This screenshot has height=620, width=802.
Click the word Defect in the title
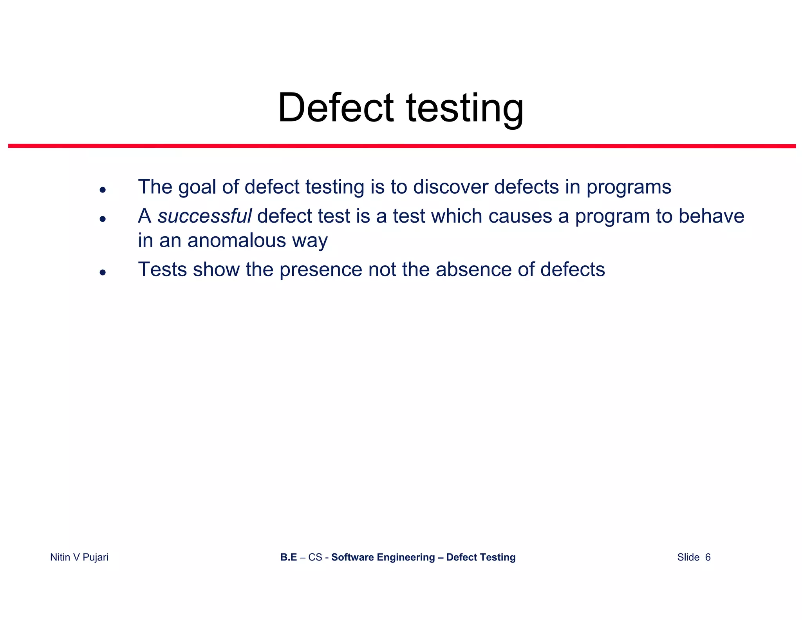pos(336,108)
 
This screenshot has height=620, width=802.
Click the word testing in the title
pos(465,109)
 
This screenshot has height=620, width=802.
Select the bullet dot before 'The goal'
pos(103,190)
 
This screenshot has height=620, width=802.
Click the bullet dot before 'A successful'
pos(103,219)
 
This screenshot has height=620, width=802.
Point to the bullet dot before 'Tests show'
pos(103,272)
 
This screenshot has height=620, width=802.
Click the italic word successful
pos(204,216)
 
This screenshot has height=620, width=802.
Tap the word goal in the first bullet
pos(197,187)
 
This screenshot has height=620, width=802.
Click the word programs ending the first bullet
pos(629,187)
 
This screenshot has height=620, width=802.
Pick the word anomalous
pos(237,240)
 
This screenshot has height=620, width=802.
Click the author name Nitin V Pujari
pos(79,557)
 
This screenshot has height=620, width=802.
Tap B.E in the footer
pos(289,557)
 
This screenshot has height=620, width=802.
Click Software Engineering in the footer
pos(383,557)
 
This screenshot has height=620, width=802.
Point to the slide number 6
pos(708,557)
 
